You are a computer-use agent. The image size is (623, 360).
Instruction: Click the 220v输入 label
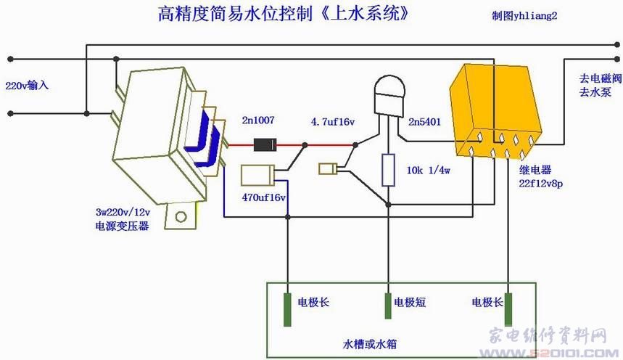[x=27, y=85]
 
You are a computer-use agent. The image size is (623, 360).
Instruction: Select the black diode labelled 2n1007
[x=262, y=144]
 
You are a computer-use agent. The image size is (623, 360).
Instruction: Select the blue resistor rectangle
[x=388, y=171]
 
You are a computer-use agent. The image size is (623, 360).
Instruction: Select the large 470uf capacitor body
[x=257, y=176]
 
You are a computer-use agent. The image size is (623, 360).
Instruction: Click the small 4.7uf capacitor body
[x=327, y=169]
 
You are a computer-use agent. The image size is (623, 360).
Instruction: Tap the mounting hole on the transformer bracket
[x=181, y=216]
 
